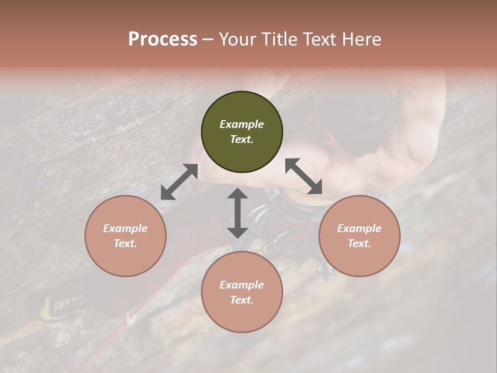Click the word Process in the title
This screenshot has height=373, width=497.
pyautogui.click(x=163, y=39)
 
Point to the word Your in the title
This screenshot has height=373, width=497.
pyautogui.click(x=236, y=39)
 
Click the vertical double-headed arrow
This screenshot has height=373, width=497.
pyautogui.click(x=238, y=213)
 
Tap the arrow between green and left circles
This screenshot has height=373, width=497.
pyautogui.click(x=179, y=182)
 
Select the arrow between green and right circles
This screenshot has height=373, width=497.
pyautogui.click(x=303, y=176)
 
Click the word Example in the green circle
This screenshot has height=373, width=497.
pyautogui.click(x=242, y=124)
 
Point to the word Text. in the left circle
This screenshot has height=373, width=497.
pyautogui.click(x=125, y=243)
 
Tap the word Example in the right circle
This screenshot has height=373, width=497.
pyautogui.click(x=359, y=228)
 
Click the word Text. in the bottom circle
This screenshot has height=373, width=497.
pyautogui.click(x=242, y=300)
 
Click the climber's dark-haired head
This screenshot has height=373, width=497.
pyautogui.click(x=357, y=130)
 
